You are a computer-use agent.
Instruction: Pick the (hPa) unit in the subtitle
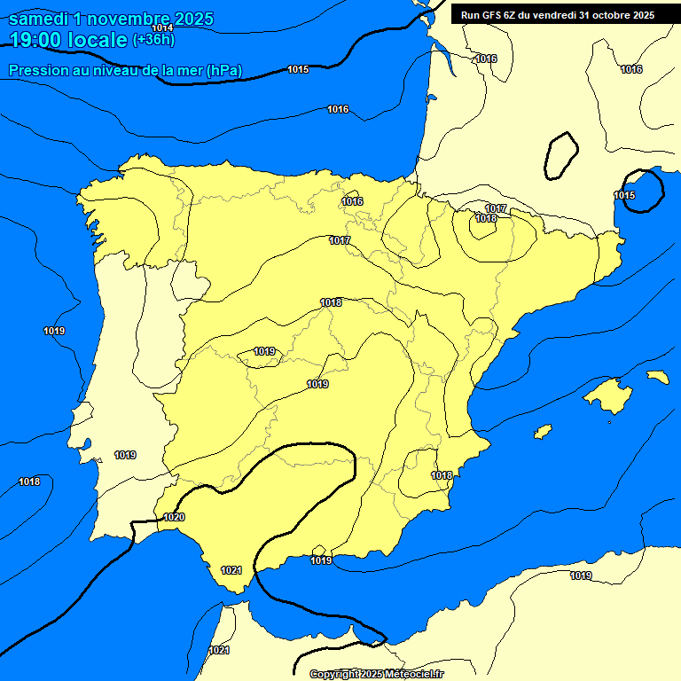(x=224, y=70)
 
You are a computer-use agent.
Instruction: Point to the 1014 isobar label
(x=162, y=28)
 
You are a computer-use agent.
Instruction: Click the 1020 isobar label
(x=174, y=517)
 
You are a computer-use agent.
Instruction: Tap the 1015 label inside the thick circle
(x=625, y=195)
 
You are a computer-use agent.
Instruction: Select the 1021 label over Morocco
(x=219, y=651)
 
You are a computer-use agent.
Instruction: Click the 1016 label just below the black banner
(x=486, y=59)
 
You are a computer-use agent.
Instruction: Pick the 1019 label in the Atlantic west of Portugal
(x=54, y=331)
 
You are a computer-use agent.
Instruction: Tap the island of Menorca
(x=657, y=377)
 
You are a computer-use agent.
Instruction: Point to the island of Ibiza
(x=543, y=432)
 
